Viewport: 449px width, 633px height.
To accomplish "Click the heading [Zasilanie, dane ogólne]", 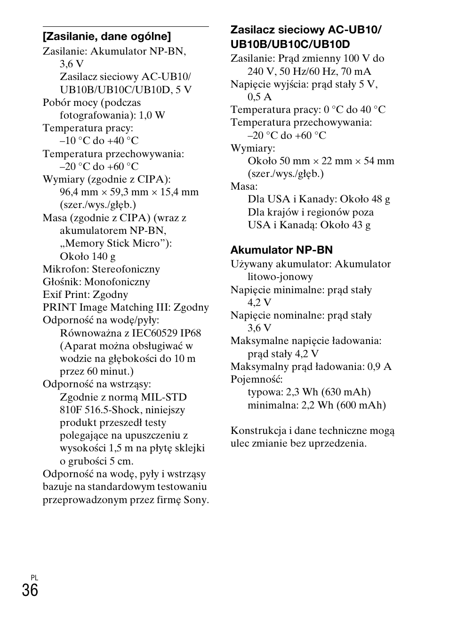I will (x=107, y=36).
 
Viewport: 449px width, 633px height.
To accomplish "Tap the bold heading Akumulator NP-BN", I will (x=281, y=250).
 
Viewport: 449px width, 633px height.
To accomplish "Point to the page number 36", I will (x=30, y=590).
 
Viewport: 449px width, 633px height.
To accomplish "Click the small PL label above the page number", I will (x=34, y=577).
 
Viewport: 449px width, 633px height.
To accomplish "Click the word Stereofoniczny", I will (x=126, y=269).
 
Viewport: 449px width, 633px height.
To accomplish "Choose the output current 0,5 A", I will (x=260, y=97).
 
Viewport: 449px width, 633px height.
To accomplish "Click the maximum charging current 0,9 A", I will (x=380, y=367).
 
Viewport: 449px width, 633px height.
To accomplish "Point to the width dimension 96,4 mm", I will (x=79, y=192).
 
